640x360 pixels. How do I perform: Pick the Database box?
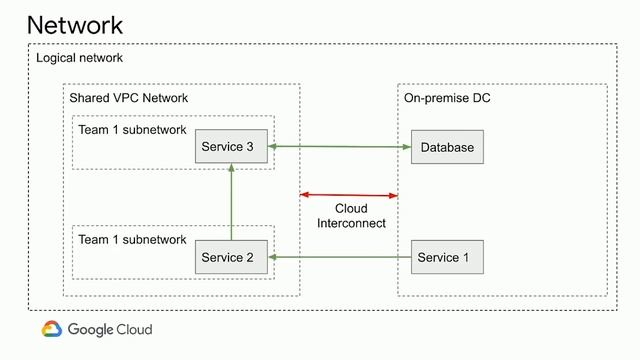[x=446, y=147]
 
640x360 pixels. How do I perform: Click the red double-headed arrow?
[x=349, y=194]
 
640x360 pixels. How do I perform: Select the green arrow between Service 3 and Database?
[x=340, y=147]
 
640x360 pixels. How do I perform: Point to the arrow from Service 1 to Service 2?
[x=340, y=258]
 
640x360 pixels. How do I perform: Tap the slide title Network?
[x=75, y=24]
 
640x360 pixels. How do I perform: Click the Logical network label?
[x=79, y=59]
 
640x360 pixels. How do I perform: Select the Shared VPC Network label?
[x=128, y=98]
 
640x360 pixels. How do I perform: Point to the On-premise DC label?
[x=447, y=98]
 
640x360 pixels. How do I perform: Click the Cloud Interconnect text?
[x=351, y=216]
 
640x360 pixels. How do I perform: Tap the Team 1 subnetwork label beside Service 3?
[x=132, y=130]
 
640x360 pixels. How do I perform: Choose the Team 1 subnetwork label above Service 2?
[x=132, y=240]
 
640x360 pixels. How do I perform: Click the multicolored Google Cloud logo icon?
[x=52, y=329]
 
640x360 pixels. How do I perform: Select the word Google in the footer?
[x=92, y=330]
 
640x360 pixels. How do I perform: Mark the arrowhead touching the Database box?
[x=406, y=147]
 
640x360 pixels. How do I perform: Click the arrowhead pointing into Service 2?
[x=272, y=258]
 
